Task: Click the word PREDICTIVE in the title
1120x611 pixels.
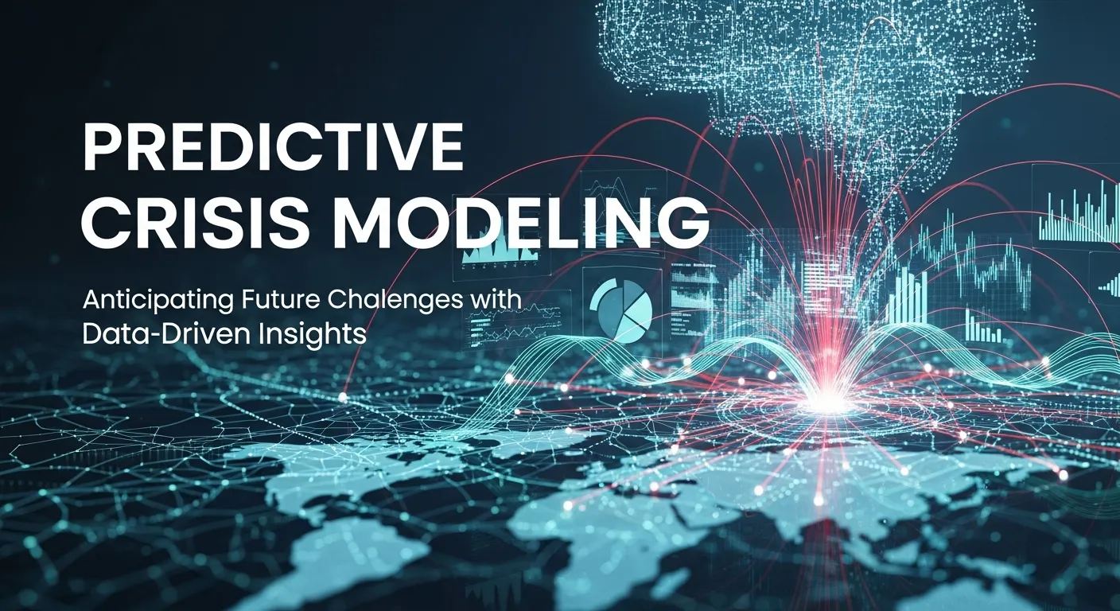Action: [272, 148]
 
